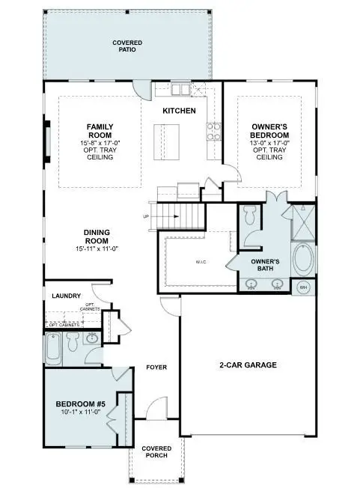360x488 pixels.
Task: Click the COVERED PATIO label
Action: (127, 46)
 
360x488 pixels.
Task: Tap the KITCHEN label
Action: (180, 111)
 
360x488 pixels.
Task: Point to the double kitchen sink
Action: (180, 91)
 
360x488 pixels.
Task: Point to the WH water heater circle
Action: (303, 287)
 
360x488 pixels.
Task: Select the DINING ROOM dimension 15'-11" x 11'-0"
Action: (99, 248)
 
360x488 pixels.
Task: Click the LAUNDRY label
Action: (66, 296)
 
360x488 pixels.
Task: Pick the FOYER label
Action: (156, 367)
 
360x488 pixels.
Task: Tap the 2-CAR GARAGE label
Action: (248, 365)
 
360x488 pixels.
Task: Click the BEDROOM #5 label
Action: (81, 404)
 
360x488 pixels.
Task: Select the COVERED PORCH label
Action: (156, 452)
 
